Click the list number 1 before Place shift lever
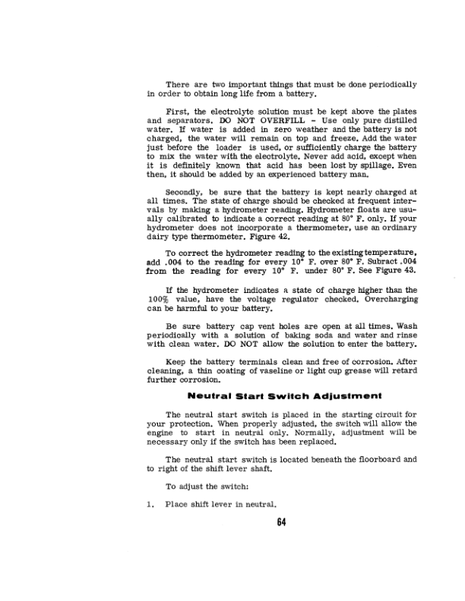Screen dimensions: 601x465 (x=150, y=505)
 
